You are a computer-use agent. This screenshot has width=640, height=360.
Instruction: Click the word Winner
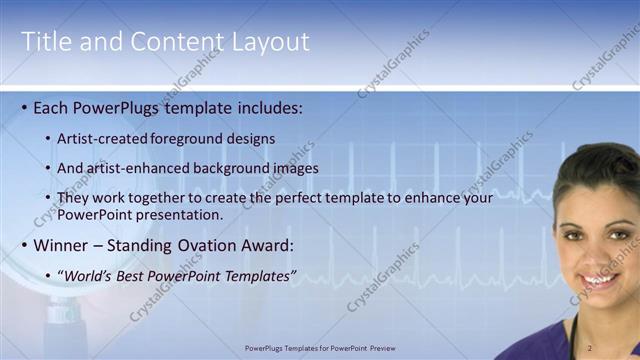click(x=62, y=245)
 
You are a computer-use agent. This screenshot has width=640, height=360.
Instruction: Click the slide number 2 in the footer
click(x=589, y=348)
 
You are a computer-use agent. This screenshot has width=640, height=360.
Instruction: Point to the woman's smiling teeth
click(x=600, y=281)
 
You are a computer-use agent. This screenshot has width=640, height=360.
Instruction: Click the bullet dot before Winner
click(x=24, y=245)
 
